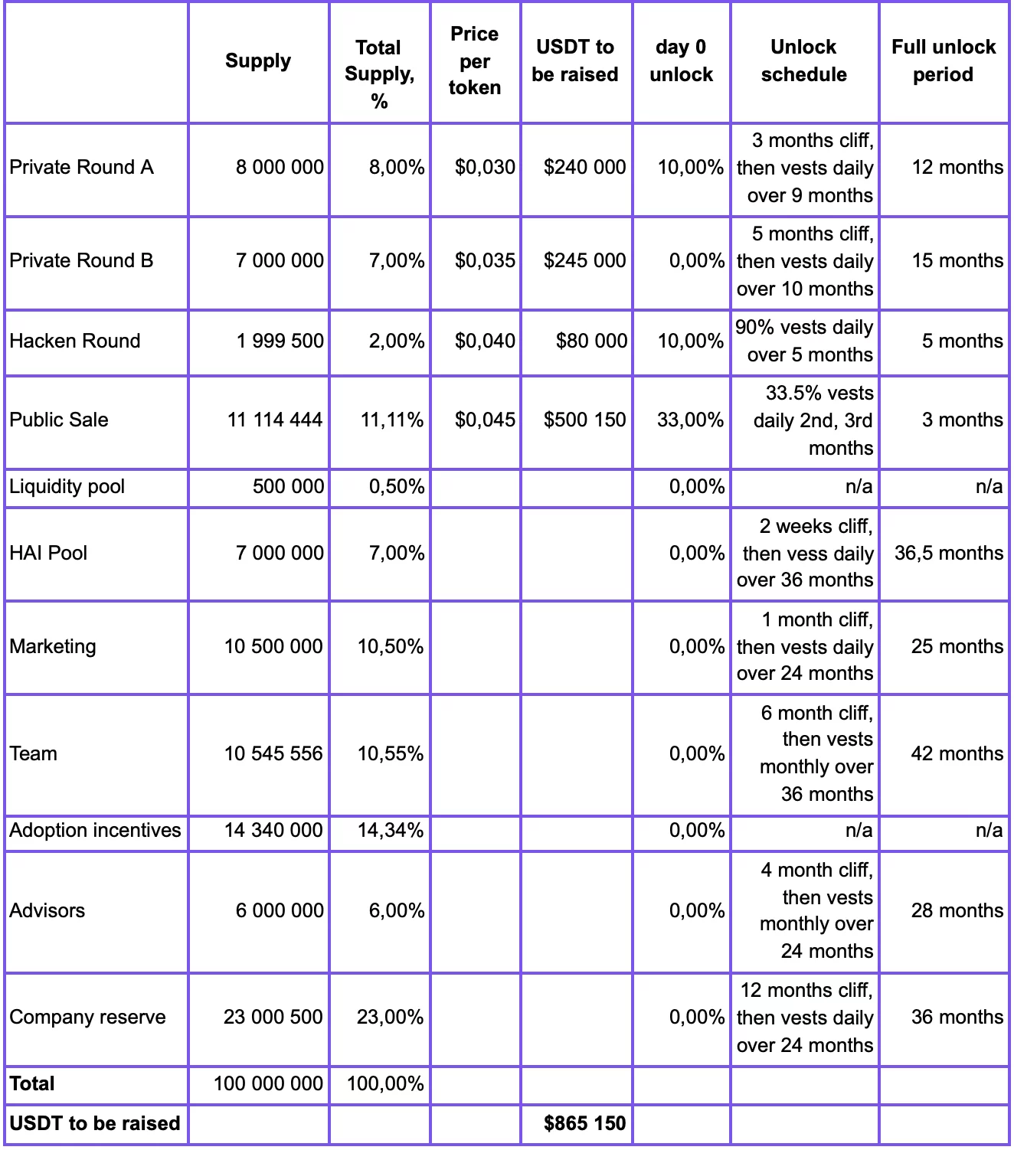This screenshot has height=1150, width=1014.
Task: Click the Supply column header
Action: click(x=258, y=61)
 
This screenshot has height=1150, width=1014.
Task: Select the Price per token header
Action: click(x=475, y=61)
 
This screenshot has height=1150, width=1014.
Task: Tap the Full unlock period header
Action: click(x=943, y=61)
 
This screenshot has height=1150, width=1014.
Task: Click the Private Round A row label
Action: click(x=81, y=167)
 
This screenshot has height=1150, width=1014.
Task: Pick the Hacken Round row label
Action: click(x=75, y=341)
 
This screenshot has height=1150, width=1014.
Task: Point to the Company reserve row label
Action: click(x=87, y=1017)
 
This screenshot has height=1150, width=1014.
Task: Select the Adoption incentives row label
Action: click(x=95, y=831)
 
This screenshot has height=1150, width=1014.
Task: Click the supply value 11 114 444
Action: click(x=275, y=420)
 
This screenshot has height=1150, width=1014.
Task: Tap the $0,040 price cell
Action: click(x=485, y=341)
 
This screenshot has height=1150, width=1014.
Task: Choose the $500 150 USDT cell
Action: click(x=584, y=420)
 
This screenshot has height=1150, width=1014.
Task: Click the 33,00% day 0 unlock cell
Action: click(x=690, y=420)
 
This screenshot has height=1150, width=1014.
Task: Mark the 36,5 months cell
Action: click(x=948, y=553)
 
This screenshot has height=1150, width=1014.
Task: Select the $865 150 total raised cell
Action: click(x=584, y=1123)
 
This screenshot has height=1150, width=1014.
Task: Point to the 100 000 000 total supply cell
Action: click(x=268, y=1083)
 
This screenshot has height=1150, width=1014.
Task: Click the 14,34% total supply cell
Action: click(x=391, y=831)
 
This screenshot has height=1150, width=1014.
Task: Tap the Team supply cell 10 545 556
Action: click(x=273, y=753)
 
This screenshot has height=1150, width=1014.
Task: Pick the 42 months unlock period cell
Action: click(x=957, y=753)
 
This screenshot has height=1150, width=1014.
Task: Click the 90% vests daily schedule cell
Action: click(x=804, y=341)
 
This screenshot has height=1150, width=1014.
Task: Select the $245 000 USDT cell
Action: click(x=584, y=260)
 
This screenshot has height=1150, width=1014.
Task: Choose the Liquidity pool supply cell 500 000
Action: click(x=288, y=486)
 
